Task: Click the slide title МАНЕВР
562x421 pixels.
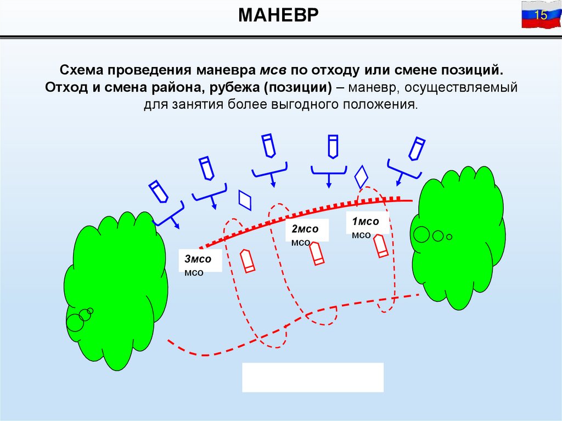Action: click(279, 15)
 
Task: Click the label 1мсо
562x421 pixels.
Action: click(366, 222)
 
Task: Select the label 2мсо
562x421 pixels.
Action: click(305, 229)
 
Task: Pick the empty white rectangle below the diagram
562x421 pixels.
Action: click(313, 377)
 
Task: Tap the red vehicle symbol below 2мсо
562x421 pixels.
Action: click(316, 254)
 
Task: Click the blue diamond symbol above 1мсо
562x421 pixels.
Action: click(361, 177)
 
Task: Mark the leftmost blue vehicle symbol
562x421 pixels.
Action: click(159, 190)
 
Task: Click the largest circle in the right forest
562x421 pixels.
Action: click(421, 234)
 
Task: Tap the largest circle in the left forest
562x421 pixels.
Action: click(75, 322)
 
